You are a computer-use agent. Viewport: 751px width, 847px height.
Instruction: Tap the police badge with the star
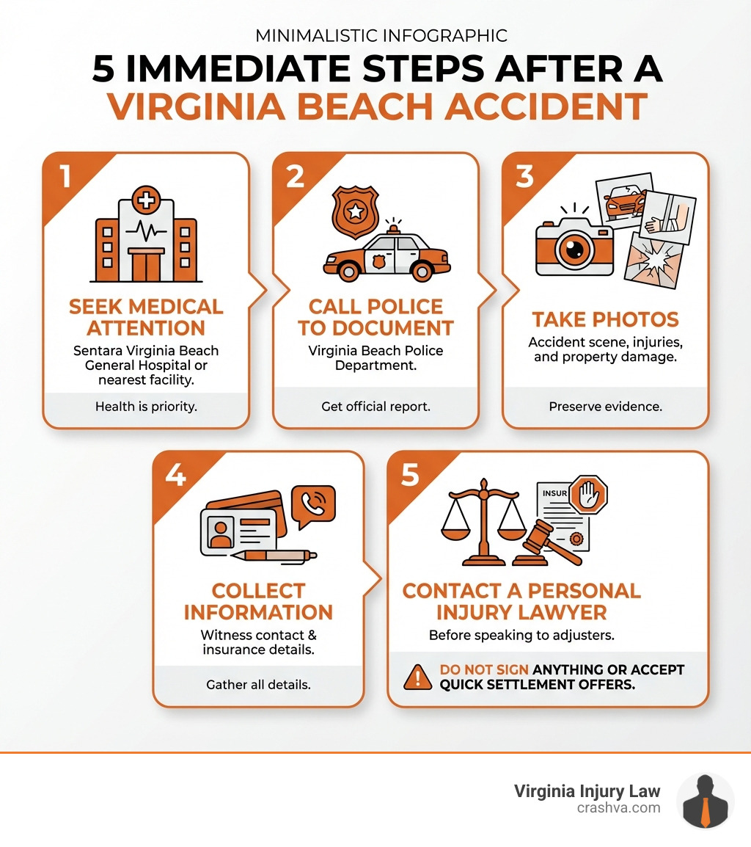point(355,211)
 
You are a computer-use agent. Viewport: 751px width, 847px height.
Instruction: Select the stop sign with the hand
point(589,494)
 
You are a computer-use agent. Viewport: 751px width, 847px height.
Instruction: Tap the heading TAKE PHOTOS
point(605,320)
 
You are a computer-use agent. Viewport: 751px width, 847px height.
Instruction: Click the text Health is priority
point(146,406)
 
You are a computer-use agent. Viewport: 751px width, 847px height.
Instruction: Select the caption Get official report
point(375,406)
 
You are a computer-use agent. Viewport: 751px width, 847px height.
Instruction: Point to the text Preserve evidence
point(605,406)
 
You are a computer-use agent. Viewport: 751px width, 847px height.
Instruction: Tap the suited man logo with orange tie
point(705,801)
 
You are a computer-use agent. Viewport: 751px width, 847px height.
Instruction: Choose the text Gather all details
point(258,685)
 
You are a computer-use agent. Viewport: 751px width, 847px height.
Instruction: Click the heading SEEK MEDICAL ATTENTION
point(146,317)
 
